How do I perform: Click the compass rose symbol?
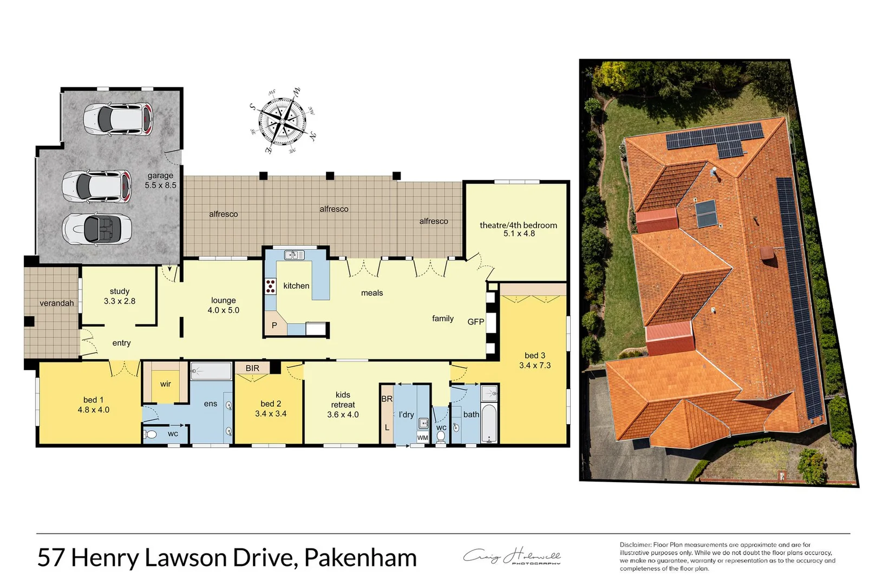point(282,120)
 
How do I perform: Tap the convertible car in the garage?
point(97,229)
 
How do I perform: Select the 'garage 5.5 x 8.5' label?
point(160,180)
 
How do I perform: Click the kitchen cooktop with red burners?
point(270,286)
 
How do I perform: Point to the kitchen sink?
point(294,255)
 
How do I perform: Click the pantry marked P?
point(274,325)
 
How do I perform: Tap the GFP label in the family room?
point(475,322)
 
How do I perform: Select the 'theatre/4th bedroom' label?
point(518,225)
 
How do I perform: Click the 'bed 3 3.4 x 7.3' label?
point(534,360)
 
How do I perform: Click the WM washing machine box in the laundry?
point(422,438)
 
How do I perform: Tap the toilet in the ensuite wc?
point(151,434)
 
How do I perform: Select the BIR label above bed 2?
point(252,368)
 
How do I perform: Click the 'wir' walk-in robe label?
point(166,384)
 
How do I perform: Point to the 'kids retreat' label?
point(343,400)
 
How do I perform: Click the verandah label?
point(57,303)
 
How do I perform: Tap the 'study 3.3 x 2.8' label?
point(120,296)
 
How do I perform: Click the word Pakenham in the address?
point(360,558)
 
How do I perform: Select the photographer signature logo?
point(512,557)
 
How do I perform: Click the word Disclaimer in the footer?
point(635,545)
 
